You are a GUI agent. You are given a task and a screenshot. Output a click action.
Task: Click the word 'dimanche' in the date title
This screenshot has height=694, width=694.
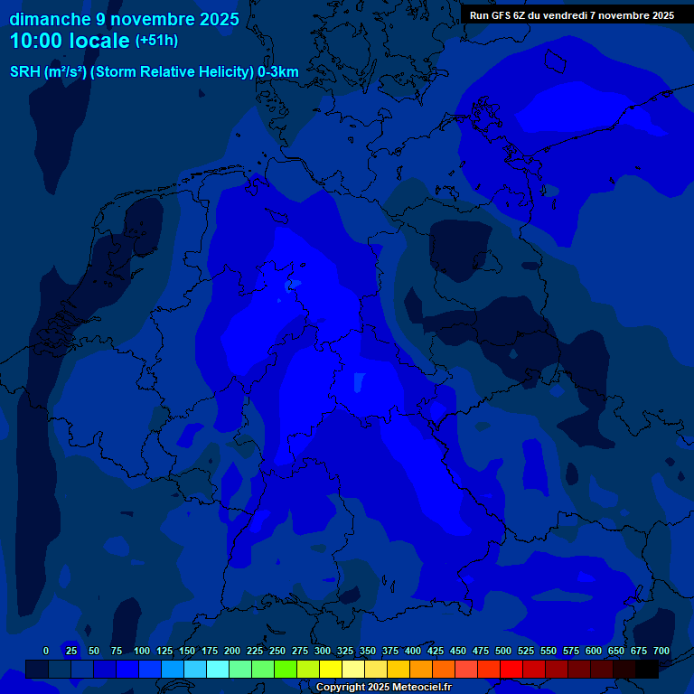50,19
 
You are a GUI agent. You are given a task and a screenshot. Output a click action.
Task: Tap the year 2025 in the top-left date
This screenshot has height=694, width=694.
217,19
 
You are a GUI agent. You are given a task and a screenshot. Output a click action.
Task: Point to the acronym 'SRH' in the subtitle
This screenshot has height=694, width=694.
24,72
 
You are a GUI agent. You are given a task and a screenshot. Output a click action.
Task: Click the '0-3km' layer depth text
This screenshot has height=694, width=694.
278,72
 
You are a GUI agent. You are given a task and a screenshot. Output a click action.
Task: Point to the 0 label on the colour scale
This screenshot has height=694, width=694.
46,651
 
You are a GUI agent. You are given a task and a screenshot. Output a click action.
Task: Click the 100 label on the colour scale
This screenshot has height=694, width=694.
142,651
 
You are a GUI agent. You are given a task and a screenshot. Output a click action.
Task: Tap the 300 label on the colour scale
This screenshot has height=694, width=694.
323,651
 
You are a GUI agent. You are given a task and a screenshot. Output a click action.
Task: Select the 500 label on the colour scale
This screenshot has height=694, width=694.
503,651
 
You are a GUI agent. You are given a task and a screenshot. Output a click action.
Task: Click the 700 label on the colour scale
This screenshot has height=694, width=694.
661,651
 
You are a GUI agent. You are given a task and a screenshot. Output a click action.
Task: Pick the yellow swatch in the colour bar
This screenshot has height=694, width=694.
331,669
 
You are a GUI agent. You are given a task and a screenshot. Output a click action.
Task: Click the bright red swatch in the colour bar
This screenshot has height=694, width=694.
511,669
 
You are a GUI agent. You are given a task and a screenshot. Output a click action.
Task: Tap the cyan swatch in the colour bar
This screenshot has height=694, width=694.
218,669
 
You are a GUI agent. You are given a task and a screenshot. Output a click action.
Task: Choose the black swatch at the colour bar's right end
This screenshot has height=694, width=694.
647,669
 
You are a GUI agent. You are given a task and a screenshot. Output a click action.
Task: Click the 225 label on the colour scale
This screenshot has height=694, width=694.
255,651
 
